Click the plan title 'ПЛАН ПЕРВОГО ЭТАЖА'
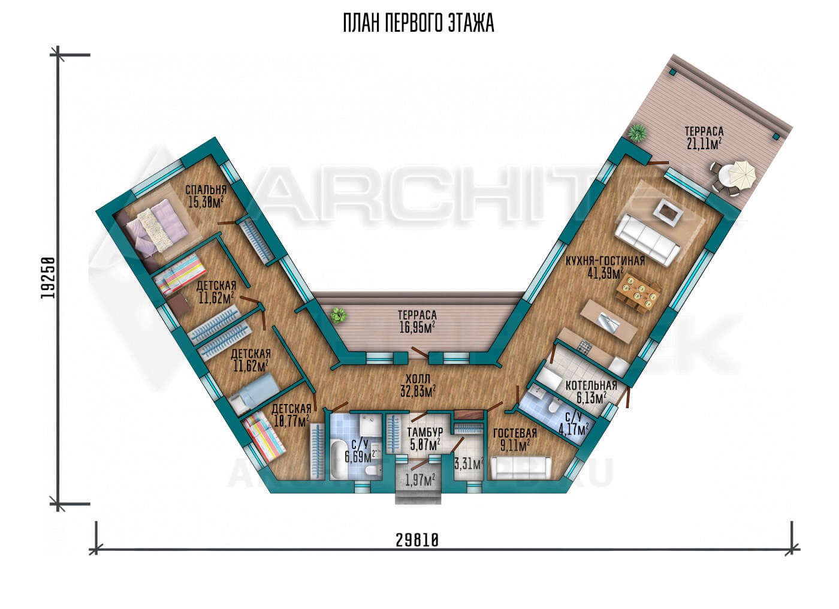click(x=418, y=23)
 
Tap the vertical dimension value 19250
click(x=47, y=278)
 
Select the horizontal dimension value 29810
click(x=417, y=540)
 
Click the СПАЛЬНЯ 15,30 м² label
click(x=206, y=196)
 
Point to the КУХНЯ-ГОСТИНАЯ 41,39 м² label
click(x=605, y=267)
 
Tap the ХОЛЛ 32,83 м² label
click(x=417, y=385)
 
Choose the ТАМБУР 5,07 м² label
click(x=425, y=439)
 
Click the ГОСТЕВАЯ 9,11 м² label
click(x=515, y=439)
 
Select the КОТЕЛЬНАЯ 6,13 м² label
click(x=591, y=391)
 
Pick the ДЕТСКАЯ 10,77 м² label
click(x=291, y=415)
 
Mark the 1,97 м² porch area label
click(x=420, y=480)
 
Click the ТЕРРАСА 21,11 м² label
click(x=704, y=138)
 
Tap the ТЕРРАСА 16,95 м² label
click(x=417, y=321)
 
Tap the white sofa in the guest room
click(x=521, y=468)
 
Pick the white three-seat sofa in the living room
click(x=647, y=239)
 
